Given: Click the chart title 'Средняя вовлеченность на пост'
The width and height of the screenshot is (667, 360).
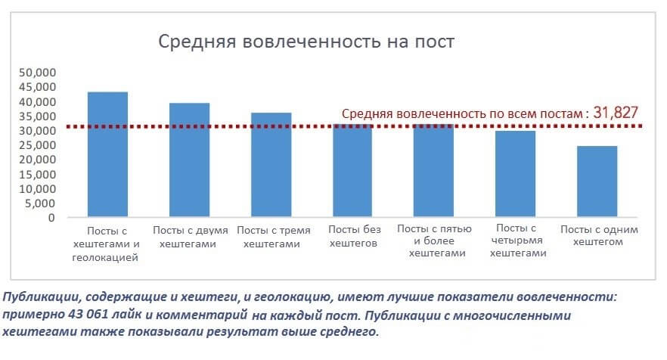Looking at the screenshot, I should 306,41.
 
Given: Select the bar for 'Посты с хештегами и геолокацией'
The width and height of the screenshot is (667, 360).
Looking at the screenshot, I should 107,155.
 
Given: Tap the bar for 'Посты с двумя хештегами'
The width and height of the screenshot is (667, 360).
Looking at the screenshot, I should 189,160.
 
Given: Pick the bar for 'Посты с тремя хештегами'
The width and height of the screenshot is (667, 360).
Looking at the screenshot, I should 271,166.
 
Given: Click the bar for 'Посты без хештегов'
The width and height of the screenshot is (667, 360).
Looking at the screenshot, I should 352,172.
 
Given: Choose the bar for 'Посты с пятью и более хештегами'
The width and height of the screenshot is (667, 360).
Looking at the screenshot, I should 434,172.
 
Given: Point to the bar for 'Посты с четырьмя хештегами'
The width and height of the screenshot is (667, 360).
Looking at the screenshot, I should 516,175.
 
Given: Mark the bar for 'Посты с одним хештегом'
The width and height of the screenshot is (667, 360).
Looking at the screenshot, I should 597,182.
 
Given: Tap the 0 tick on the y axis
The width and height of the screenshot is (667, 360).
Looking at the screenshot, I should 51,218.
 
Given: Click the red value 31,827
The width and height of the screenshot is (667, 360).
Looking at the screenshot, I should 616,113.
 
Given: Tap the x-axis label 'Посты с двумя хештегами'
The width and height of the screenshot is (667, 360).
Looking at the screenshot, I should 190,236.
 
